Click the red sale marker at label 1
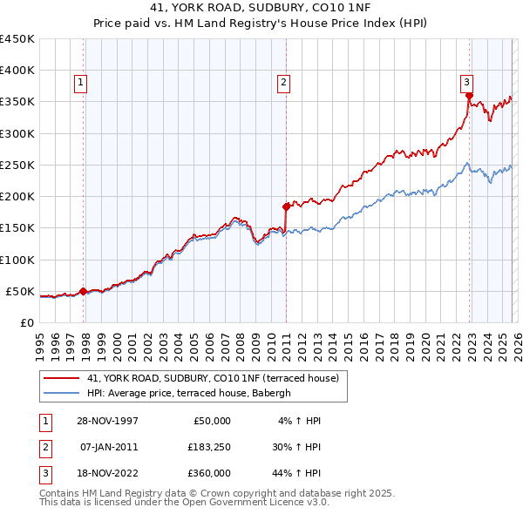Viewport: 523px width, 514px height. pos(84,291)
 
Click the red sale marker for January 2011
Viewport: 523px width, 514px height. pos(286,206)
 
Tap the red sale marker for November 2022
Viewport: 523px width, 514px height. pos(468,96)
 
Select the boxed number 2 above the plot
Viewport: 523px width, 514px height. pos(284,83)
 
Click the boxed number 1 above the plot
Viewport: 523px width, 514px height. pos(80,83)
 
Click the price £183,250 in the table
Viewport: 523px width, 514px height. pos(208,446)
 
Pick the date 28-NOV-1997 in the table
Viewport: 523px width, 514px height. pos(107,421)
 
